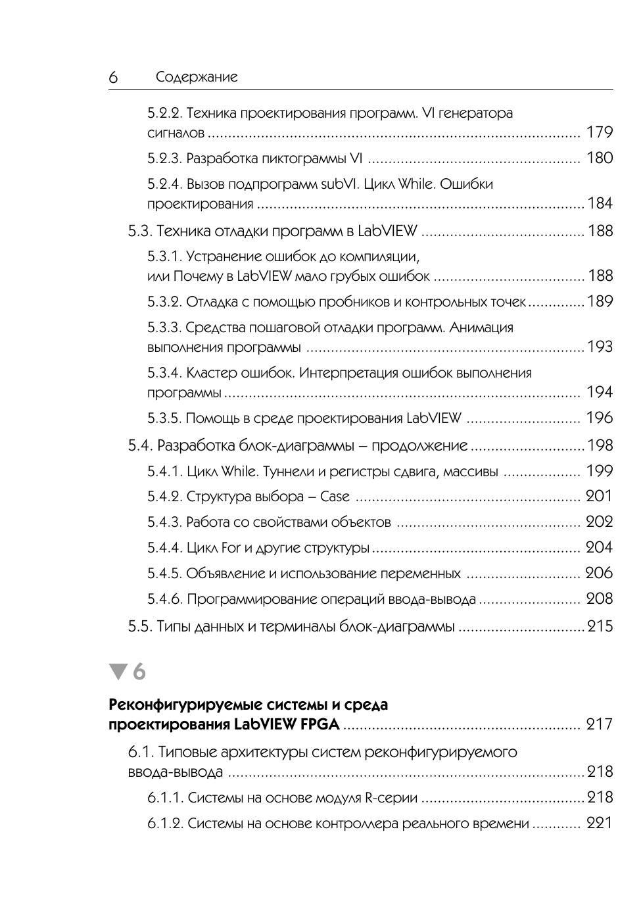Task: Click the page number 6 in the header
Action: point(113,78)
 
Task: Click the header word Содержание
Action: point(197,77)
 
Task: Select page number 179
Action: point(600,132)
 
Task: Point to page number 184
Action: point(600,203)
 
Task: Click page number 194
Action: point(600,392)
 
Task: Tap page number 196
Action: point(600,418)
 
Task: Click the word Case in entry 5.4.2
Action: point(335,497)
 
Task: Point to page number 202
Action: point(600,522)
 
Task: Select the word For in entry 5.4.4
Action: point(231,547)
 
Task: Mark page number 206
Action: point(600,573)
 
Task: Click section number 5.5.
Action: point(139,626)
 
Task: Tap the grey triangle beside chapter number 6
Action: point(118,672)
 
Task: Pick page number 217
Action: point(600,724)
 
